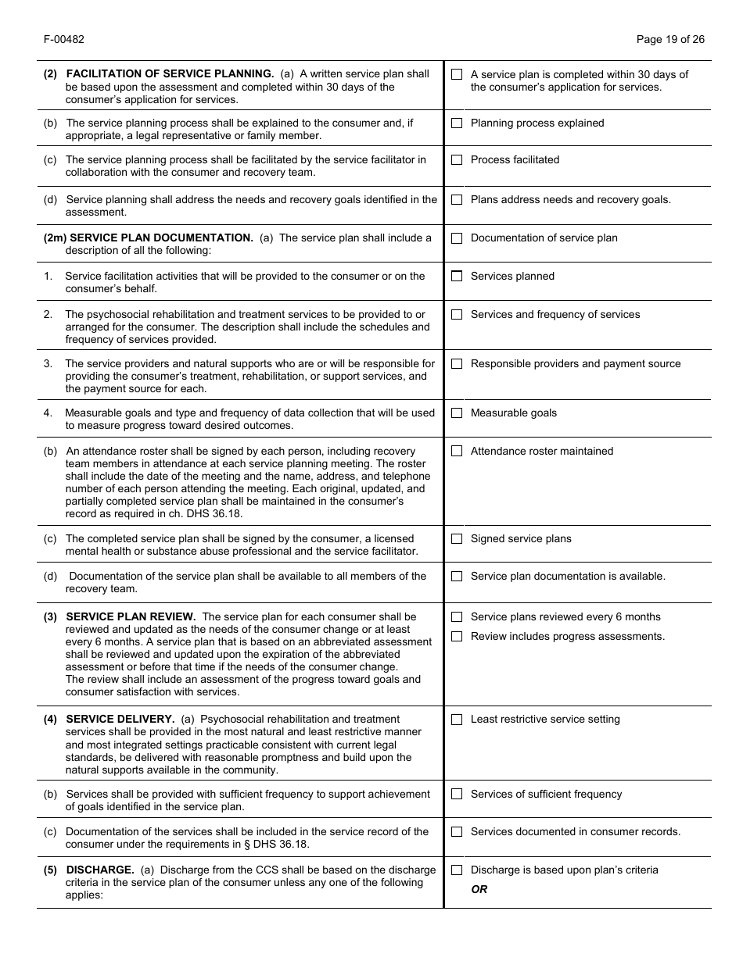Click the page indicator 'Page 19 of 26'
click(x=670, y=40)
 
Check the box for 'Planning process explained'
click(x=457, y=123)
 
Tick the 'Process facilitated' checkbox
click(x=457, y=160)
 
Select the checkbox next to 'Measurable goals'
click(x=457, y=413)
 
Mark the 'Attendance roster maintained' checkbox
click(x=457, y=452)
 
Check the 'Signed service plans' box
click(x=457, y=539)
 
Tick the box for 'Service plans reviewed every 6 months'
click(x=457, y=617)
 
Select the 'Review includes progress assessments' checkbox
click(x=457, y=637)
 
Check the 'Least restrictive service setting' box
click(x=457, y=720)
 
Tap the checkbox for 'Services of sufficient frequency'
click(x=457, y=795)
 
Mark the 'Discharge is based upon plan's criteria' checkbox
click(x=457, y=870)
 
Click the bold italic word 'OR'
click(x=479, y=890)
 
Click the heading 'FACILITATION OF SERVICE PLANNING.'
click(x=170, y=74)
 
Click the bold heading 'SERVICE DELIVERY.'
click(x=120, y=720)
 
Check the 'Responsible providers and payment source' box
click(x=457, y=364)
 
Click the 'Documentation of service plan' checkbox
click(x=457, y=238)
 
